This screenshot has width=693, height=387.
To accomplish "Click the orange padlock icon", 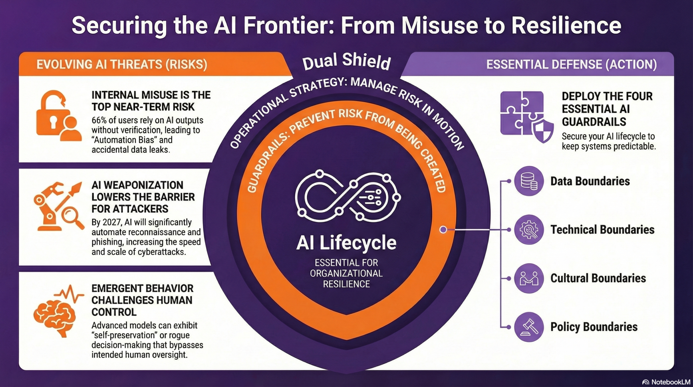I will (x=53, y=115).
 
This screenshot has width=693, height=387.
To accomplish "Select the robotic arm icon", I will (x=48, y=207).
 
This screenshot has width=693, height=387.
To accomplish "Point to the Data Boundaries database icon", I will (x=529, y=181).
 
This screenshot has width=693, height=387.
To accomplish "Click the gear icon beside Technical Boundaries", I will (x=529, y=230).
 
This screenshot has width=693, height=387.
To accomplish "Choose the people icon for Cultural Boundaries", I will (x=529, y=278).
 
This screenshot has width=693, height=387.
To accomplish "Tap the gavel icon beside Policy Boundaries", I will (x=529, y=327).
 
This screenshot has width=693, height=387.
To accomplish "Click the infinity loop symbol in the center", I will (x=346, y=197).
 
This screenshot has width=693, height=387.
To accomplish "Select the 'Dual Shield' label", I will (x=346, y=61).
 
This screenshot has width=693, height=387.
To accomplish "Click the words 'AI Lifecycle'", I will (x=346, y=243).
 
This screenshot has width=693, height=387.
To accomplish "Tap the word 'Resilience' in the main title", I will (x=566, y=26).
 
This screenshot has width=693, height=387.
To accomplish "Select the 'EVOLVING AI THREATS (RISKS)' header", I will (x=122, y=64).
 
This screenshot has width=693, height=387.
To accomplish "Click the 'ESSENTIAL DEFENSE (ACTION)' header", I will (x=571, y=64).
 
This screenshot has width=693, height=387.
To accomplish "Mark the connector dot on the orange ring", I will (x=443, y=229).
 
